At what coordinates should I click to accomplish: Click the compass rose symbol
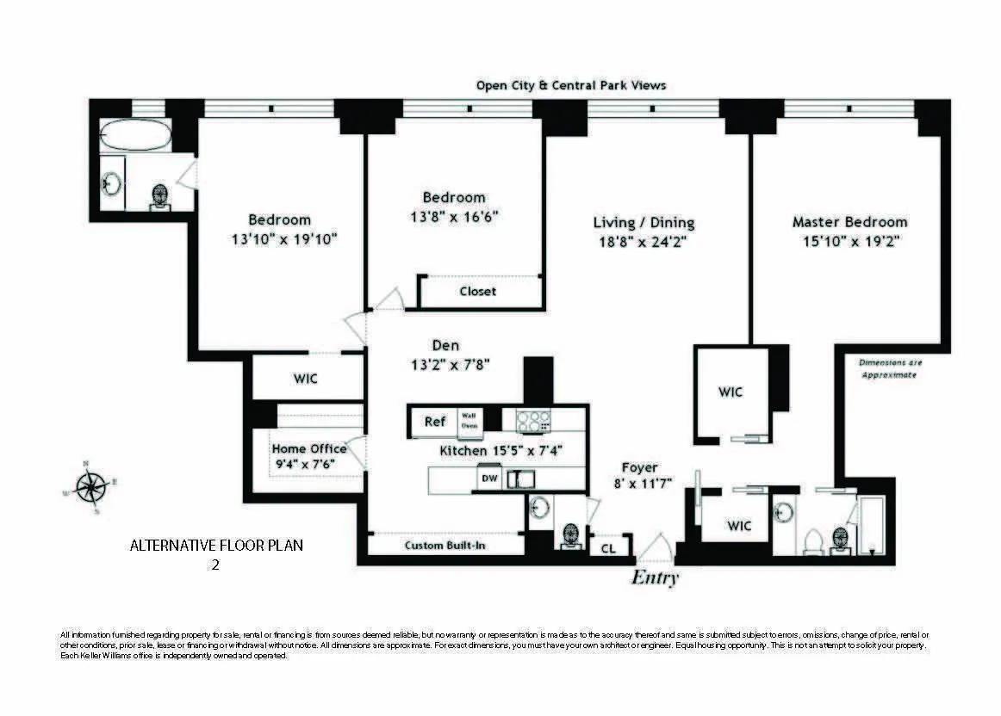tap(90, 487)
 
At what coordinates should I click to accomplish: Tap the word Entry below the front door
tap(656, 577)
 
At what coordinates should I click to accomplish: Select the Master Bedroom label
tap(849, 222)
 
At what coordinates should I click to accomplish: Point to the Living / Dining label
tap(643, 223)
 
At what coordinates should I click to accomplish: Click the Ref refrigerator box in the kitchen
tap(435, 422)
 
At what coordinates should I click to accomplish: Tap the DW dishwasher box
tap(488, 478)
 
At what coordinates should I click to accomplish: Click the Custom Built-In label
tap(445, 546)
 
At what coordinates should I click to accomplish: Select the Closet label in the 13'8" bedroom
tap(477, 292)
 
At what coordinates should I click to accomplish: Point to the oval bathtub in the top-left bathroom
tap(132, 135)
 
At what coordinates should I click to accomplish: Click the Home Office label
tap(309, 448)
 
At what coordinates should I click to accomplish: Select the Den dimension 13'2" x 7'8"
tap(451, 364)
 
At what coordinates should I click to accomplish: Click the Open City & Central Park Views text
tap(571, 85)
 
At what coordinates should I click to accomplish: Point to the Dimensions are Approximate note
tap(890, 369)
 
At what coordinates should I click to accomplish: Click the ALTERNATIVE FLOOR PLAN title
tap(216, 546)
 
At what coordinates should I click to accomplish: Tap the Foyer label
tap(640, 467)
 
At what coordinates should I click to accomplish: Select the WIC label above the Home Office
tap(306, 379)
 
